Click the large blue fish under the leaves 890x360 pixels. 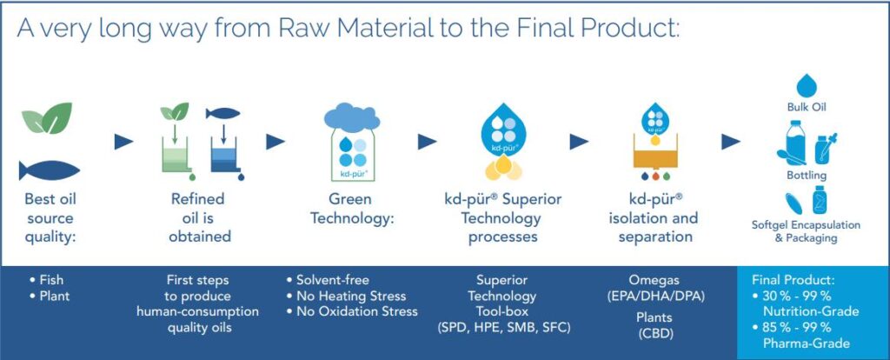[50, 170]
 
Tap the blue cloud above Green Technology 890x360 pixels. [352, 117]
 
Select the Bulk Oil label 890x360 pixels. [806, 107]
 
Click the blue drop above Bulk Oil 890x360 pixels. [807, 86]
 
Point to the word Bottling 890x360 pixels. [806, 176]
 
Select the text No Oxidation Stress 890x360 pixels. [357, 311]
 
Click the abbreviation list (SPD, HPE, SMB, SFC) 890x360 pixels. [501, 327]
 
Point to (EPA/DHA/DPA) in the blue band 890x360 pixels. [654, 296]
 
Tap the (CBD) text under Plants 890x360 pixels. [654, 333]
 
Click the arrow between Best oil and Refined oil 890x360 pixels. [123, 142]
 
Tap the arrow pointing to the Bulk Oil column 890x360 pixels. [730, 142]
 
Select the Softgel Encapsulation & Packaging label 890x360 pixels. [806, 231]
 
